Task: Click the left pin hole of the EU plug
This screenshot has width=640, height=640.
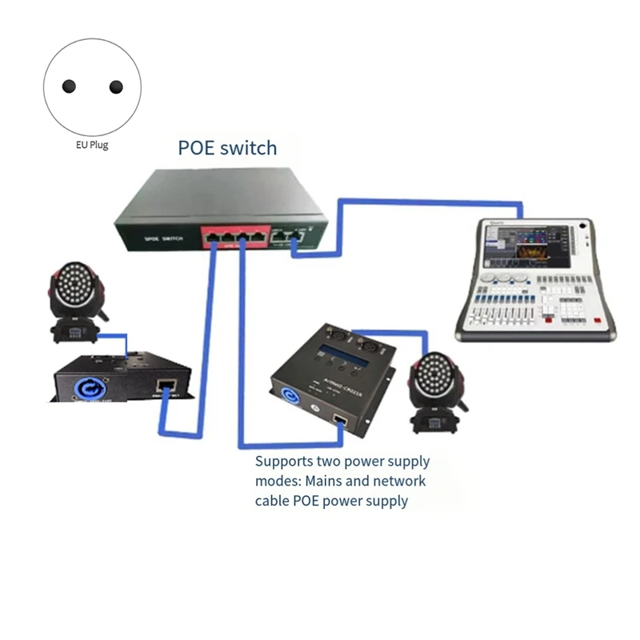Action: [69, 86]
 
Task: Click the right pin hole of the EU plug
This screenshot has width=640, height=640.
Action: [116, 86]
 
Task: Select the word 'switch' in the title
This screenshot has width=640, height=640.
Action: [249, 148]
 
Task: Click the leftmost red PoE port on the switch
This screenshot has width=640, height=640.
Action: [214, 236]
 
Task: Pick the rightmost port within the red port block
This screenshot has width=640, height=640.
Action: [258, 236]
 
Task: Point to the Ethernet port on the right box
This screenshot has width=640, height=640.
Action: [339, 419]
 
